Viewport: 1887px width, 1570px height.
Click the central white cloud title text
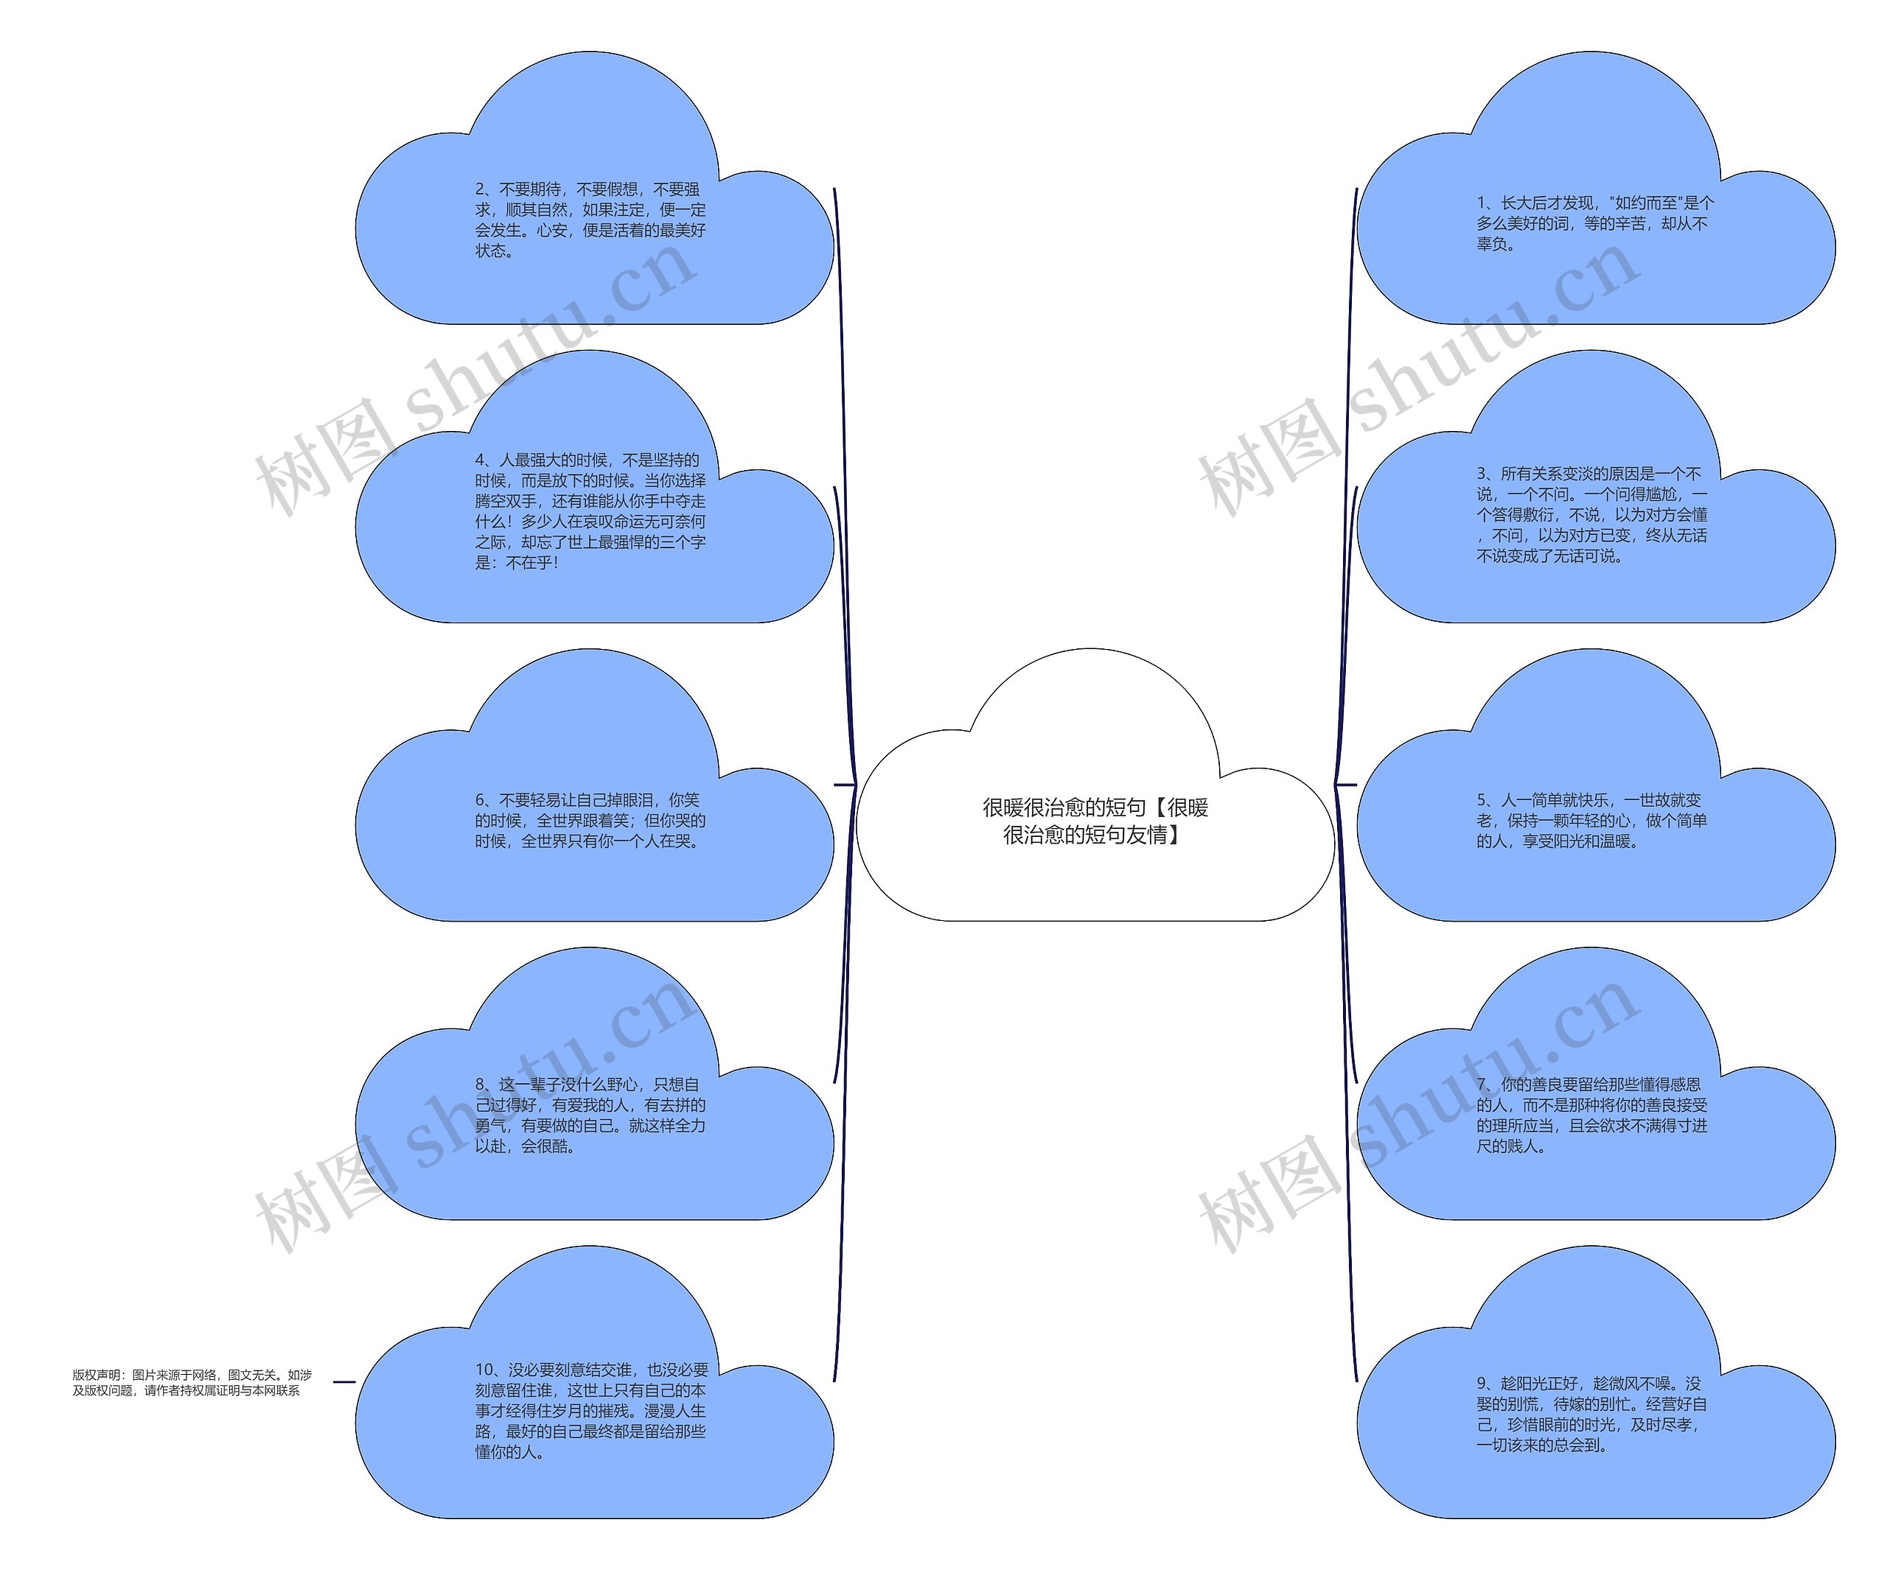(x=1095, y=821)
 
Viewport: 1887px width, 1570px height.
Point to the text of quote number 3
(x=1592, y=515)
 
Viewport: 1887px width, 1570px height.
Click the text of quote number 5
(x=1591, y=821)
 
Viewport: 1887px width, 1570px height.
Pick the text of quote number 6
(x=590, y=821)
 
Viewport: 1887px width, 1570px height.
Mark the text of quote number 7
(x=1591, y=1115)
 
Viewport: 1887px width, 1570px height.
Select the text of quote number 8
(x=590, y=1115)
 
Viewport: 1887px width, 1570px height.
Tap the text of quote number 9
(x=1591, y=1414)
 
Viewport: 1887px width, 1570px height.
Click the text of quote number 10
(x=592, y=1410)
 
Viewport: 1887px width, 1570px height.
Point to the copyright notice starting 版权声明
(x=192, y=1382)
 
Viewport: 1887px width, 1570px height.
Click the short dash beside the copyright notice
(x=344, y=1381)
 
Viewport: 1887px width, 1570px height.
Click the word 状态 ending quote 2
(x=491, y=250)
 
